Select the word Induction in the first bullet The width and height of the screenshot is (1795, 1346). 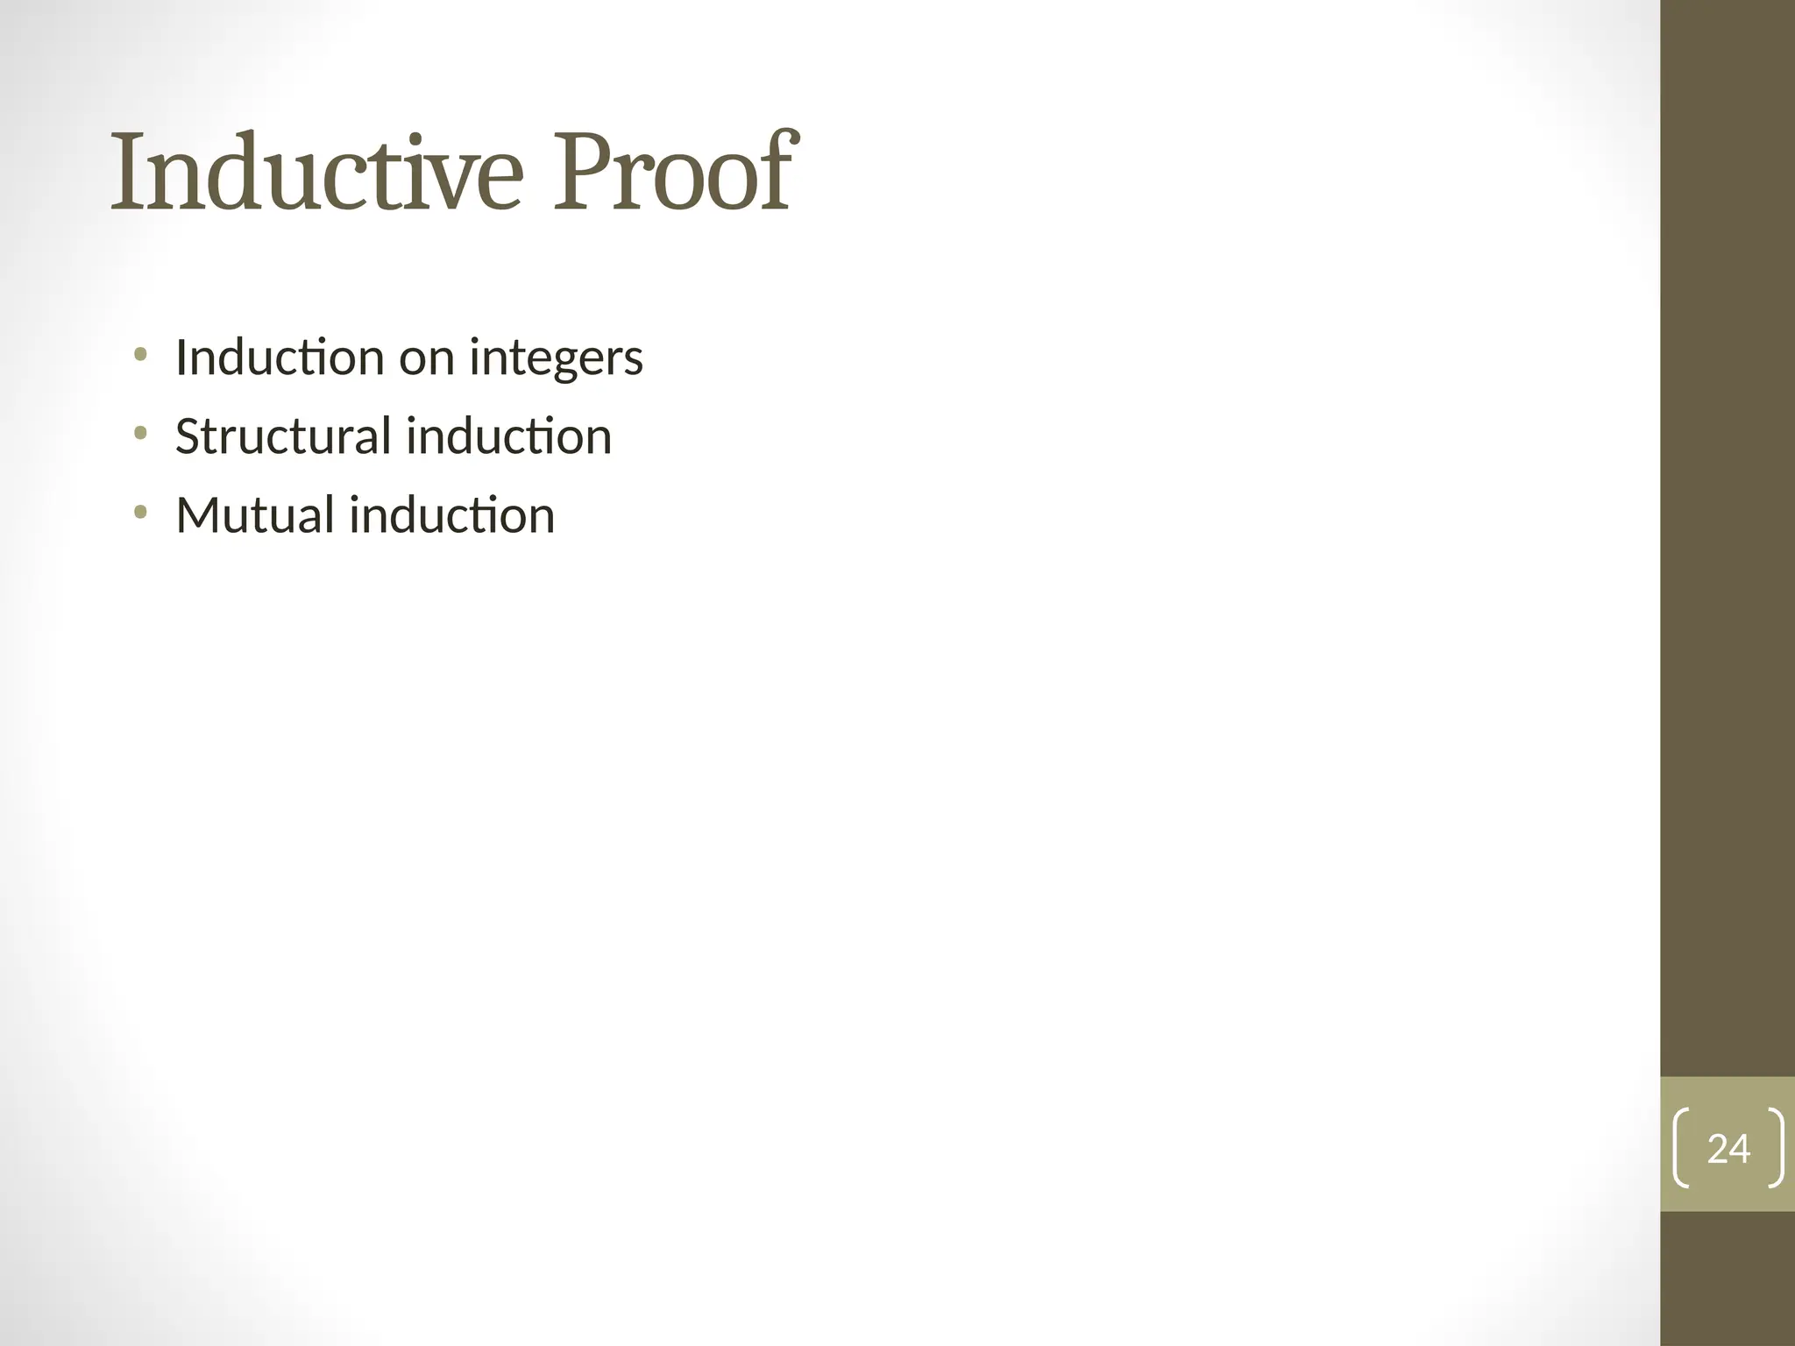coord(280,358)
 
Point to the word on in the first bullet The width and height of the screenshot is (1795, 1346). coord(426,359)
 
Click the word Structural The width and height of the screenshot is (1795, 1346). coord(282,436)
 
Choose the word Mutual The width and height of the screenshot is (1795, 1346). coord(254,515)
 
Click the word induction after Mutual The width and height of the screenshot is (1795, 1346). coord(452,515)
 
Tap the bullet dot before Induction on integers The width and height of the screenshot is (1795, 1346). coord(139,355)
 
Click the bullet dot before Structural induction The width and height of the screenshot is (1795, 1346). coord(139,434)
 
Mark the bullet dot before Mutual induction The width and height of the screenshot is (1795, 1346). coord(139,513)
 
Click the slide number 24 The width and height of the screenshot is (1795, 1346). coord(1728,1149)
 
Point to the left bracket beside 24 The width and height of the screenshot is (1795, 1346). coord(1680,1148)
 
